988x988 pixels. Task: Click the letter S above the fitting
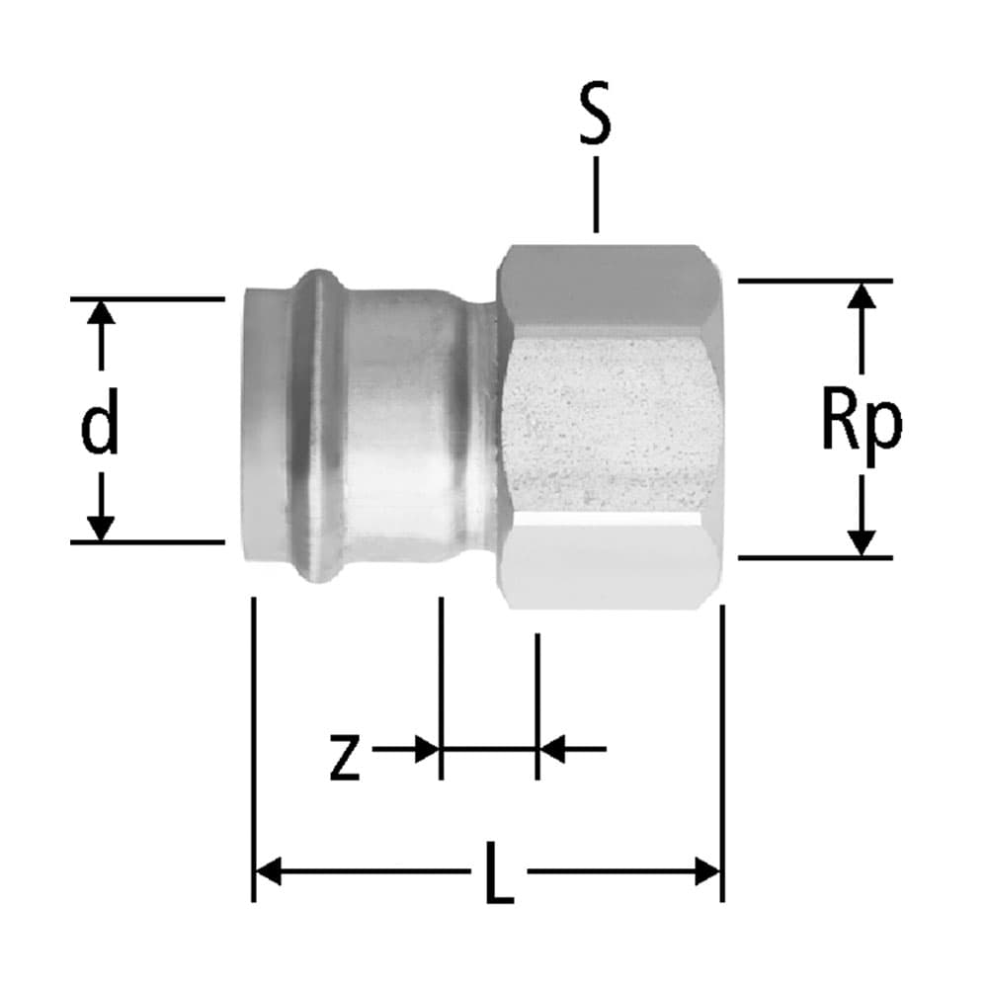click(x=595, y=115)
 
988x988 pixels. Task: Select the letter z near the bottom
click(x=344, y=759)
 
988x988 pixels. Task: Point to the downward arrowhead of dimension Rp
click(x=862, y=542)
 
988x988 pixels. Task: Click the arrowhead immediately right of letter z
click(x=426, y=749)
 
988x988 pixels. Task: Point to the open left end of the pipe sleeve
click(x=259, y=425)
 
